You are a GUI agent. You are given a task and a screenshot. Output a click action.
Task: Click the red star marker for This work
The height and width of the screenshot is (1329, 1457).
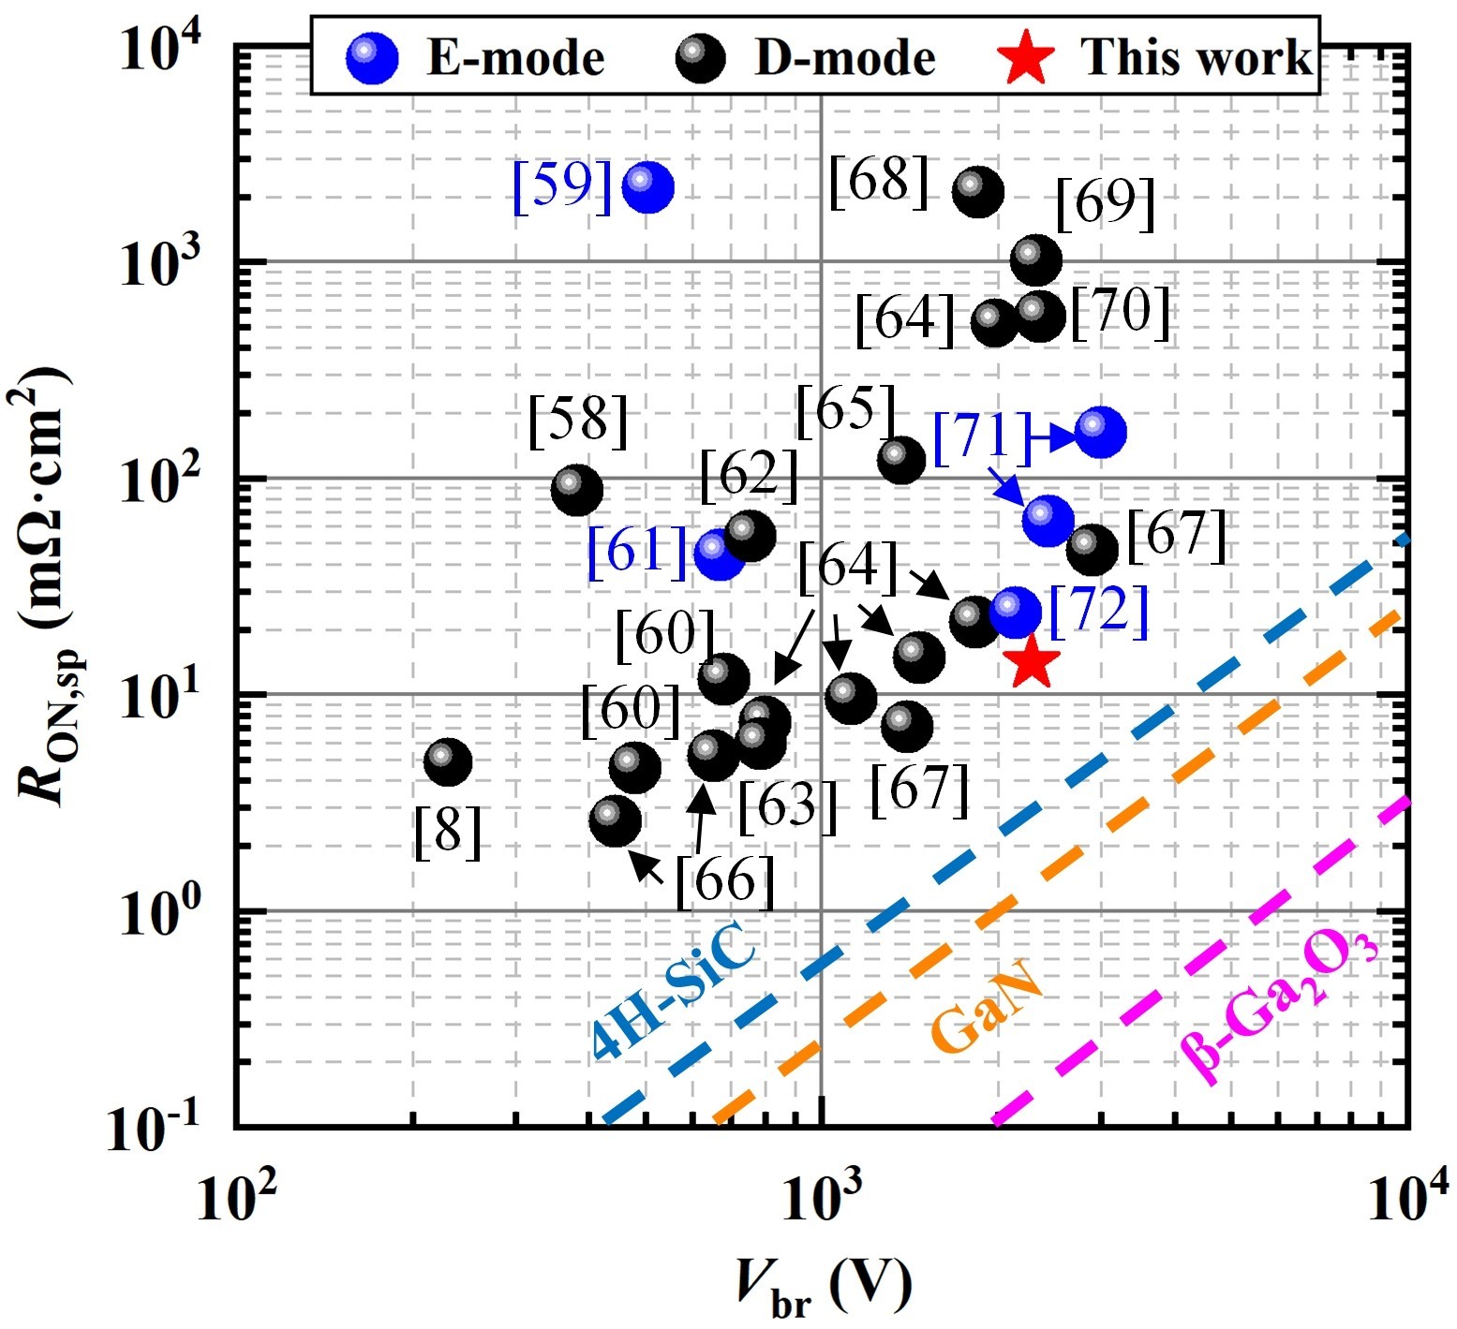click(x=1031, y=660)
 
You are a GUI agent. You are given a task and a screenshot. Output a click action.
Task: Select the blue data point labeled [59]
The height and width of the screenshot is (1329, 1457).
click(x=647, y=187)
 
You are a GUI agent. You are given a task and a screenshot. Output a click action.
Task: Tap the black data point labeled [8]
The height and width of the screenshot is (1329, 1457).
click(x=448, y=762)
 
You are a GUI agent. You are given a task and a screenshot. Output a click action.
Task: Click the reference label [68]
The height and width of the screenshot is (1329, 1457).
click(x=879, y=180)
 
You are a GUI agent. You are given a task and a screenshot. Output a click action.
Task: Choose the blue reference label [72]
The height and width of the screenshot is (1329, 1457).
click(x=1098, y=611)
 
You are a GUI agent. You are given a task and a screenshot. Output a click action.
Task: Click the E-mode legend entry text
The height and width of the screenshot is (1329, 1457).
click(x=515, y=58)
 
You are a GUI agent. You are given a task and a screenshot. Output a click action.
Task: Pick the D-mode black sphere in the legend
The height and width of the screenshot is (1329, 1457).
click(x=700, y=58)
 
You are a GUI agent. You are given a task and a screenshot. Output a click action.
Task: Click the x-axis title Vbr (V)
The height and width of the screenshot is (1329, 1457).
click(x=823, y=1288)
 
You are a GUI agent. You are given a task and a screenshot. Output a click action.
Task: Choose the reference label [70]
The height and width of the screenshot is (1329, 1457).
click(x=1121, y=313)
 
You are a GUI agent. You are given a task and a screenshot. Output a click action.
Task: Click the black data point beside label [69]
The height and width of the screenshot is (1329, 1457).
click(x=1036, y=259)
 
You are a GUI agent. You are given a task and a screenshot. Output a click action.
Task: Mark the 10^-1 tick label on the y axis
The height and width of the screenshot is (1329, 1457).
click(x=155, y=1126)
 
